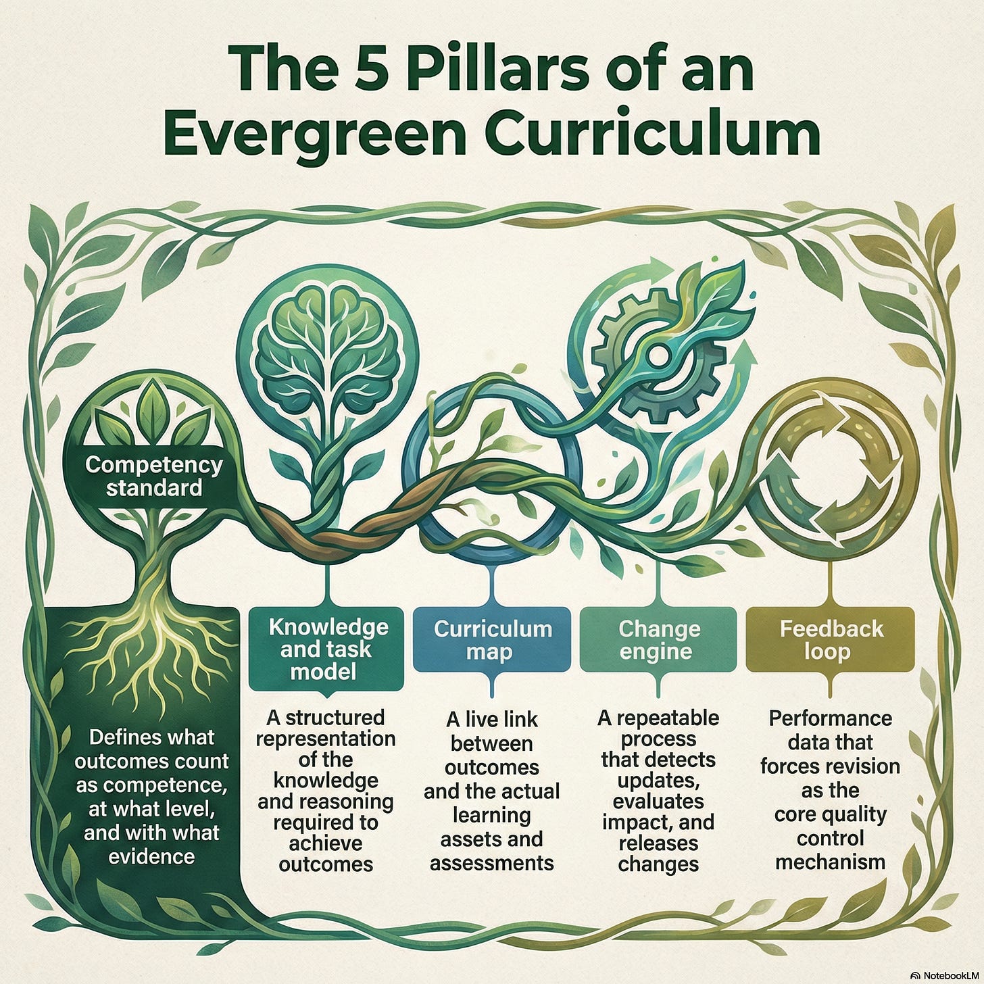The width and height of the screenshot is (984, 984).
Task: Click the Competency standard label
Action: tap(154, 476)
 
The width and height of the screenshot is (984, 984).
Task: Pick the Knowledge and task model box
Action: tap(327, 649)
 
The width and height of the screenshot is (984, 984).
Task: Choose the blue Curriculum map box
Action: tap(493, 640)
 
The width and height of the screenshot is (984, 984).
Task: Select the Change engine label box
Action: tap(658, 640)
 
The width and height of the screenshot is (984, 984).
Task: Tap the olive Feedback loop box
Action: tap(831, 640)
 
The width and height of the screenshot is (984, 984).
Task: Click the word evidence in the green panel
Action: tap(151, 857)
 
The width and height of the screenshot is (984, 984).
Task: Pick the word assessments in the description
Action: tap(492, 863)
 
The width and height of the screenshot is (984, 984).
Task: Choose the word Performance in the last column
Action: tap(831, 718)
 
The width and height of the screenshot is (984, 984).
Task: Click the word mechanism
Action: tap(831, 862)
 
